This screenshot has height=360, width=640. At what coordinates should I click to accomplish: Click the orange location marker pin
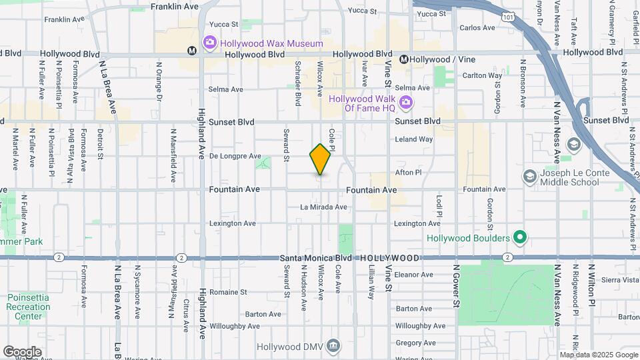pyautogui.click(x=321, y=159)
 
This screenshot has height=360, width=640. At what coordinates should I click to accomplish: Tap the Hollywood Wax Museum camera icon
pyautogui.click(x=210, y=43)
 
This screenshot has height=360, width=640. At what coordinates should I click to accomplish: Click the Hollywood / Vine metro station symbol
pyautogui.click(x=404, y=59)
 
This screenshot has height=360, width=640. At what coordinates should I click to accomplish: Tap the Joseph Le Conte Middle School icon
pyautogui.click(x=530, y=177)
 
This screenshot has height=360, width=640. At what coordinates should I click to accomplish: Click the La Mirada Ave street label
pyautogui.click(x=323, y=207)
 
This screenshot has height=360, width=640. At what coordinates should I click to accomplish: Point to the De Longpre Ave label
pyautogui.click(x=235, y=156)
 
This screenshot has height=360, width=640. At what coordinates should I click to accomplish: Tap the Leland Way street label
pyautogui.click(x=413, y=139)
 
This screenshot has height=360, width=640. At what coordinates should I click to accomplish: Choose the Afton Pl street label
pyautogui.click(x=408, y=172)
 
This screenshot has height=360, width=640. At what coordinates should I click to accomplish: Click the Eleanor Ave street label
pyautogui.click(x=414, y=274)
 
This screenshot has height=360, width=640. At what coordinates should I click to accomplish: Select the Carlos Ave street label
pyautogui.click(x=477, y=28)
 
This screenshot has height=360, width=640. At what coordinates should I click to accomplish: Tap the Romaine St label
pyautogui.click(x=229, y=292)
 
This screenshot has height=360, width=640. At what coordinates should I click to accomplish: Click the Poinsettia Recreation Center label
pyautogui.click(x=29, y=307)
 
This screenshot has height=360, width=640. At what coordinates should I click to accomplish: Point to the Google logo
pyautogui.click(x=22, y=351)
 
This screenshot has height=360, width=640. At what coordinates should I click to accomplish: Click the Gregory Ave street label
pyautogui.click(x=415, y=343)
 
